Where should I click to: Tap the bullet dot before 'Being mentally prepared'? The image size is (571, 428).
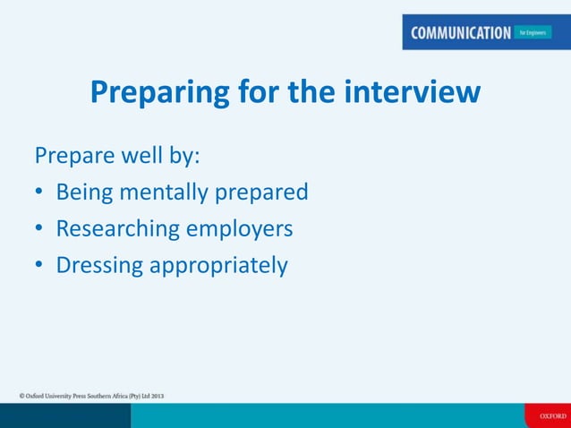[39, 193]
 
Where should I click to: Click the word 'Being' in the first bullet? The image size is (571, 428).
[85, 193]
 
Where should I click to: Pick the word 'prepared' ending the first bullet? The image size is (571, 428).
[264, 193]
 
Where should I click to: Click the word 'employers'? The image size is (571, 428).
[239, 229]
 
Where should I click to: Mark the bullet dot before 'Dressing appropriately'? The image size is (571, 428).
[39, 267]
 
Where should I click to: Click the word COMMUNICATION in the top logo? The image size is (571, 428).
[461, 33]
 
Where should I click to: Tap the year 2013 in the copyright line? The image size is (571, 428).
[156, 395]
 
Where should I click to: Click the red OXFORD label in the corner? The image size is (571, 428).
[548, 416]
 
